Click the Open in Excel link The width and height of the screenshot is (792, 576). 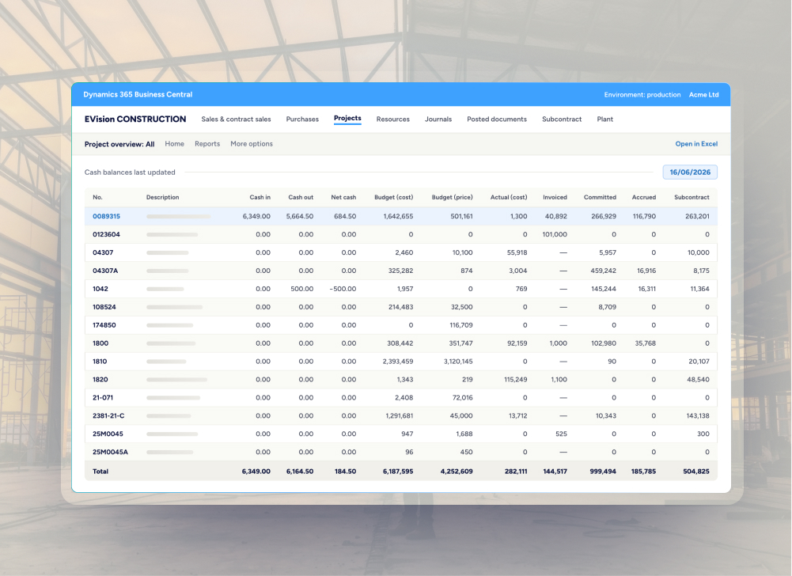pyautogui.click(x=696, y=144)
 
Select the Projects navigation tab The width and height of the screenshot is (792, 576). pyautogui.click(x=347, y=118)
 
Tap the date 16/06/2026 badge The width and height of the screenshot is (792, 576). pyautogui.click(x=690, y=172)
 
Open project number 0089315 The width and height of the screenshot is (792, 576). pyautogui.click(x=106, y=216)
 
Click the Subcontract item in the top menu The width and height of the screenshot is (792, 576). pyautogui.click(x=562, y=119)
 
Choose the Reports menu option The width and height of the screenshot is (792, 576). pyautogui.click(x=207, y=144)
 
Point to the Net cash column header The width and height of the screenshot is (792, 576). pyautogui.click(x=343, y=198)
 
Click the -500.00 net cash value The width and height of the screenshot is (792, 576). pyautogui.click(x=343, y=289)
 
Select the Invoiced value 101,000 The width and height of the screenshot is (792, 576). pyautogui.click(x=555, y=234)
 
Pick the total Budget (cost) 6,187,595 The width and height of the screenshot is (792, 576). pyautogui.click(x=398, y=472)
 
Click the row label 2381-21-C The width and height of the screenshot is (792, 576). pyautogui.click(x=108, y=416)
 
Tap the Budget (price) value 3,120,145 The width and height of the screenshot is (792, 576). pyautogui.click(x=458, y=362)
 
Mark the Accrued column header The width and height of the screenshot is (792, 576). pyautogui.click(x=644, y=198)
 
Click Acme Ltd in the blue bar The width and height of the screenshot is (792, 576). pyautogui.click(x=703, y=95)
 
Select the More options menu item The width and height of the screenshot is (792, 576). pyautogui.click(x=252, y=144)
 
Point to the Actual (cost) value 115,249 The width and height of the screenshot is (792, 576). pyautogui.click(x=516, y=380)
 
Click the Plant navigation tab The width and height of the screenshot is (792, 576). pyautogui.click(x=605, y=119)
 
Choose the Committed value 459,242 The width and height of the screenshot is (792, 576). pyautogui.click(x=604, y=271)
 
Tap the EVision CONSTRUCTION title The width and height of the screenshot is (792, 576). pyautogui.click(x=135, y=119)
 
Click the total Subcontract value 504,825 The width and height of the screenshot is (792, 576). pyautogui.click(x=696, y=472)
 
